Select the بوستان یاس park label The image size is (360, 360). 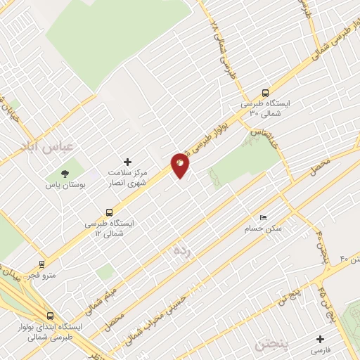65,186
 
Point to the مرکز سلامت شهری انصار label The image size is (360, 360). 128,176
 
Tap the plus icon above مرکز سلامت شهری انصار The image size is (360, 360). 127,161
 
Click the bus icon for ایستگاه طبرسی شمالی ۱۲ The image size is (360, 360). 108,211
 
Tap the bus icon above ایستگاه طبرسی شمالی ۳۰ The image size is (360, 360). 265,92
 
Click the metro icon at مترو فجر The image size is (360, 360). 44,265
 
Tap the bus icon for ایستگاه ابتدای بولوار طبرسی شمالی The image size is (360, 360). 49,316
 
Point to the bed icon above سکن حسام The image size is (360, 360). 263,217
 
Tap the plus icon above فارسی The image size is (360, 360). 321,337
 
